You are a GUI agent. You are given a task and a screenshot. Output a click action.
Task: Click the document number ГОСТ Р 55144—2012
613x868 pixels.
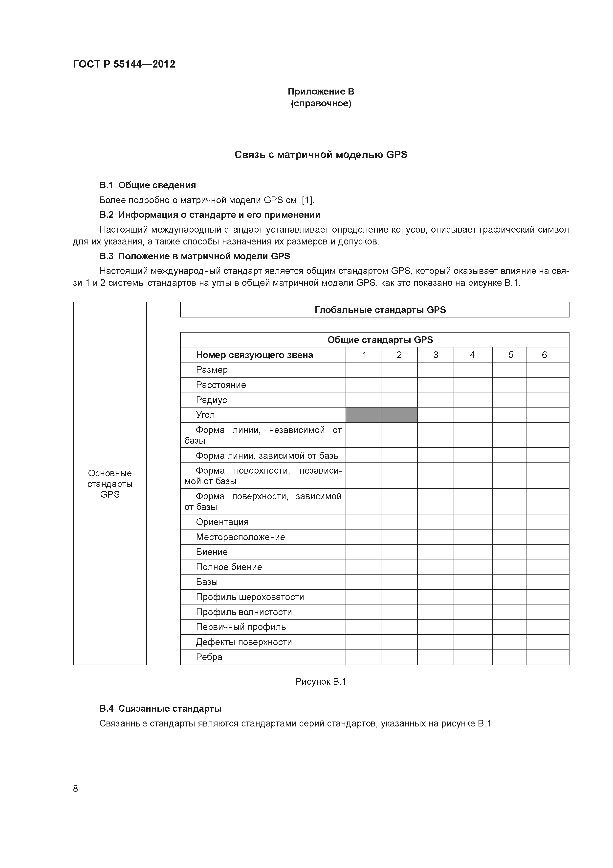tap(124, 64)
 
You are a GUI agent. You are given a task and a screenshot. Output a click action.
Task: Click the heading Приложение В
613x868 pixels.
tap(321, 92)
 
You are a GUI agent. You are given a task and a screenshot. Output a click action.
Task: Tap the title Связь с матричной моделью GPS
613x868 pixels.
tap(321, 155)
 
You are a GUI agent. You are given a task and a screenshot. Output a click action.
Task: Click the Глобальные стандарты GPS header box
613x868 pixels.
tap(374, 310)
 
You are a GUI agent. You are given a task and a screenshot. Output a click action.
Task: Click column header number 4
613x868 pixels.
tap(472, 355)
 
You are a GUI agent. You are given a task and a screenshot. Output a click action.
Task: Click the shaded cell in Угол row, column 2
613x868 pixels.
tap(399, 415)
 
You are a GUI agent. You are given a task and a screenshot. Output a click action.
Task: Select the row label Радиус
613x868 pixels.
tap(211, 400)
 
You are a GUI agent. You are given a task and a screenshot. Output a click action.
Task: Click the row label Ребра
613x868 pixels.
tap(209, 657)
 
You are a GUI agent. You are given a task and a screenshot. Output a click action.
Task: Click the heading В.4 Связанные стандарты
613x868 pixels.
tap(160, 708)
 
